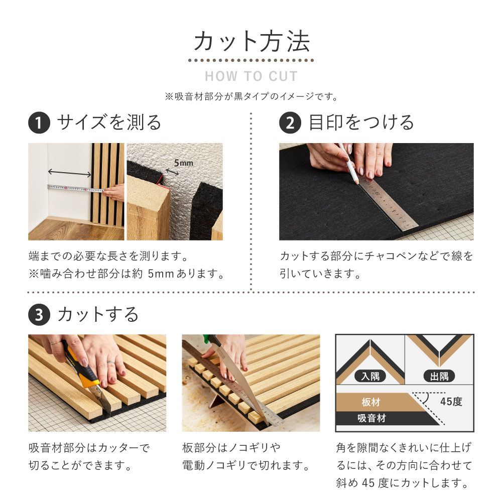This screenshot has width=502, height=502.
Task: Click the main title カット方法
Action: [x=251, y=42]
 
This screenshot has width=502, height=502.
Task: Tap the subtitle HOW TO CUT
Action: [x=251, y=77]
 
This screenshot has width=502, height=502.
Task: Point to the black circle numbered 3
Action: [x=39, y=315]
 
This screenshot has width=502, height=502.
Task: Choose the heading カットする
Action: [x=98, y=315]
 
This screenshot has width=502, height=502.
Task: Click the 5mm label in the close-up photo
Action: [x=183, y=163]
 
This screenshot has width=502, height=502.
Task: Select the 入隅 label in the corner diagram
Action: [x=369, y=375]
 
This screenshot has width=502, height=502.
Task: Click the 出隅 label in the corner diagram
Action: [x=439, y=375]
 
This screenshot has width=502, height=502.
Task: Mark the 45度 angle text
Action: [x=450, y=402]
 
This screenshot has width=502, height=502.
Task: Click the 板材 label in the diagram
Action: [x=370, y=403]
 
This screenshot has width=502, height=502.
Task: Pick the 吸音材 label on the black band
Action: [x=371, y=418]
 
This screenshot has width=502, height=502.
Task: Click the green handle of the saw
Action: [x=206, y=338]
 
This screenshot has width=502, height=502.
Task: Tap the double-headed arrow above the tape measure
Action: [x=69, y=173]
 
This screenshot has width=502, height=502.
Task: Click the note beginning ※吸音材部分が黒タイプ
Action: [x=251, y=96]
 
